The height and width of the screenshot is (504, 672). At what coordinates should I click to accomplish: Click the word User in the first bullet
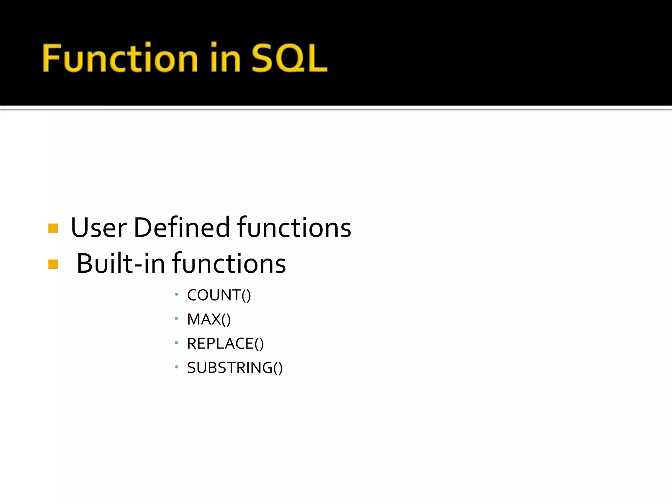(x=98, y=228)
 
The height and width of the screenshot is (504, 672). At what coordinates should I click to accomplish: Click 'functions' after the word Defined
(x=294, y=228)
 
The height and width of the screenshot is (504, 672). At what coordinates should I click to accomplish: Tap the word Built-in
(x=120, y=264)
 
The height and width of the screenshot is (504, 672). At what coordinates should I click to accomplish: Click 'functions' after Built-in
(x=229, y=264)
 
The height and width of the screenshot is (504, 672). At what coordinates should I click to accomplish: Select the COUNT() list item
(x=219, y=295)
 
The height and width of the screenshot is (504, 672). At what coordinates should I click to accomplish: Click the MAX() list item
(x=209, y=319)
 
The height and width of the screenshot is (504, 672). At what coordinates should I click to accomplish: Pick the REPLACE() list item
(x=225, y=344)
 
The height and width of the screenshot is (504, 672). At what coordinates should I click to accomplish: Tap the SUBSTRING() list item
(x=235, y=368)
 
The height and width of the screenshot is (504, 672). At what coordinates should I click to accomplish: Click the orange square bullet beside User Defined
(x=53, y=228)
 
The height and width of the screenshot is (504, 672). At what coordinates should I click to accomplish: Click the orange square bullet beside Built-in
(x=53, y=264)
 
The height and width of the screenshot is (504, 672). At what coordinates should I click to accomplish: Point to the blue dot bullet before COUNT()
(x=177, y=294)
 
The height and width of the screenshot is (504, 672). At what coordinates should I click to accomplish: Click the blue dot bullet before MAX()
(x=177, y=318)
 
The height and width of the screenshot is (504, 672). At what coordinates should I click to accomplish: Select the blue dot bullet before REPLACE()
(x=177, y=343)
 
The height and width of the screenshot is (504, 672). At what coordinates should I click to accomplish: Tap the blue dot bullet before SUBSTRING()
(x=177, y=367)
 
